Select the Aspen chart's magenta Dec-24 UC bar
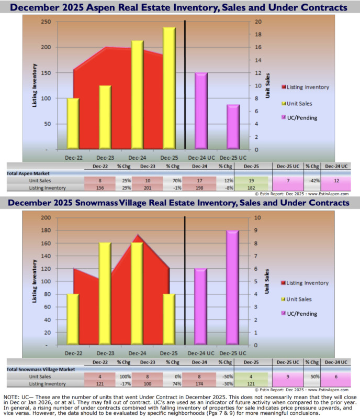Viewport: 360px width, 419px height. click(201, 111)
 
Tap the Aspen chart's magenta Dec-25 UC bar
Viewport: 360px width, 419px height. click(233, 127)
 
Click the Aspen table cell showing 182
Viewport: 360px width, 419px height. click(253, 188)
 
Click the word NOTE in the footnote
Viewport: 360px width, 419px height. click(12, 399)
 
